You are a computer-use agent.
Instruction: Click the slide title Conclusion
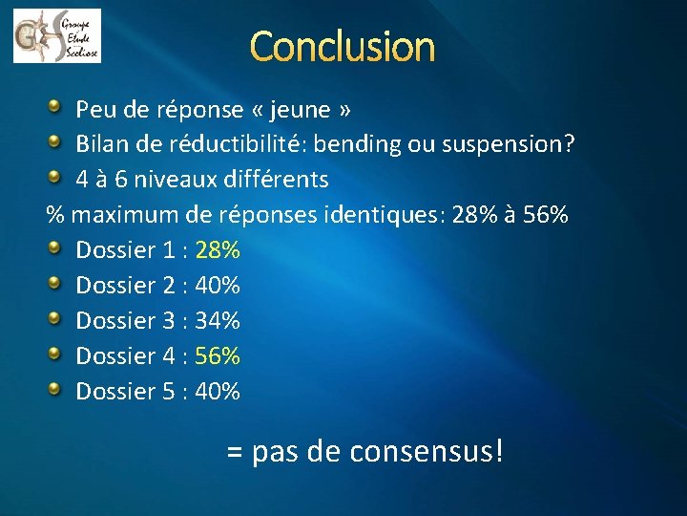343,46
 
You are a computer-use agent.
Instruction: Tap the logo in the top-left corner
56,35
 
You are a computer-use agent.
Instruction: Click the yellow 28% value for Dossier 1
218,250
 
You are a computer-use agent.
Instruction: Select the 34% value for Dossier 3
218,320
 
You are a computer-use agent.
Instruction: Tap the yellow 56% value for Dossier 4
218,355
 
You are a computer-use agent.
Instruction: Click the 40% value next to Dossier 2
218,285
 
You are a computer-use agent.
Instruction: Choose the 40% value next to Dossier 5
218,391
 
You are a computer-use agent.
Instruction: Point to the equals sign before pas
235,452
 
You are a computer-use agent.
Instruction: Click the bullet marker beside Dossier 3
56,318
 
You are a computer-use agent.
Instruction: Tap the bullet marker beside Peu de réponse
56,107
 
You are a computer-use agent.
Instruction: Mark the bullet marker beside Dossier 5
56,389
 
